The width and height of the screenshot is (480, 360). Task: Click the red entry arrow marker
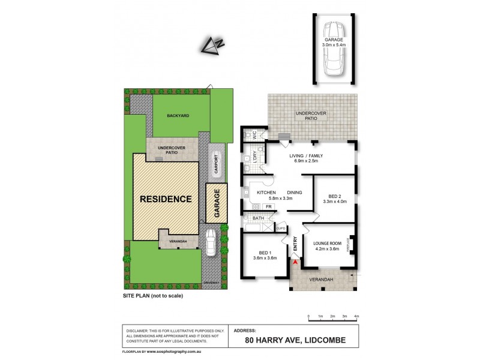tap(295, 261)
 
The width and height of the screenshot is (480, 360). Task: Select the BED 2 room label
tap(335, 196)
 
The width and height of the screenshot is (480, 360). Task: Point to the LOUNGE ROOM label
tap(328, 243)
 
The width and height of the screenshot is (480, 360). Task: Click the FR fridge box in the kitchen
tap(268, 206)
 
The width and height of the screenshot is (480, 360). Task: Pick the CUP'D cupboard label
tap(280, 228)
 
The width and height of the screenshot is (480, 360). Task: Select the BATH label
tap(259, 218)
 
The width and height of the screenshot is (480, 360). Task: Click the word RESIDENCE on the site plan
tap(166, 199)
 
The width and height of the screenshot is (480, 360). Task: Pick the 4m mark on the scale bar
tap(356, 316)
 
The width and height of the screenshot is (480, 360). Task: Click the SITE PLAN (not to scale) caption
tap(152, 296)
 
